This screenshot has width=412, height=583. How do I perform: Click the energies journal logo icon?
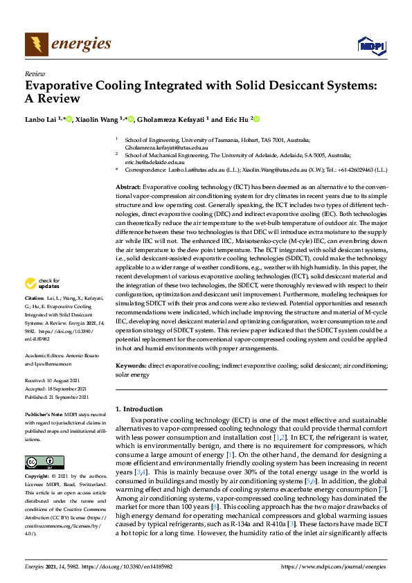pos(37,45)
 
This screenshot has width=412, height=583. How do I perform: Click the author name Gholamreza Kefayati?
pos(170,119)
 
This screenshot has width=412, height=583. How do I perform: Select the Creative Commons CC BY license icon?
pos(44,463)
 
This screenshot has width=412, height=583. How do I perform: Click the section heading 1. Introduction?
pos(138,409)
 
